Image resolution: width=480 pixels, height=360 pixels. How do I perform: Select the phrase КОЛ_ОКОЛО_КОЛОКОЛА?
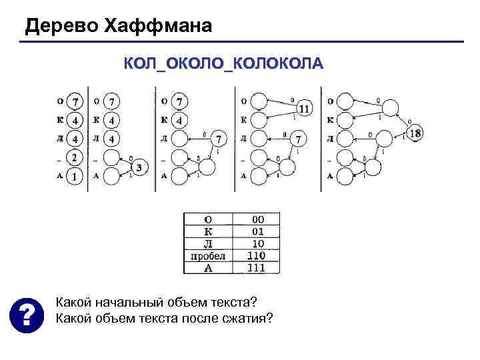click(223, 64)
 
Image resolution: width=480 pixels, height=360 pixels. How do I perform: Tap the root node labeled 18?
click(415, 133)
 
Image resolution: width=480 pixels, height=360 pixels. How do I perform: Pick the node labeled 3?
click(139, 167)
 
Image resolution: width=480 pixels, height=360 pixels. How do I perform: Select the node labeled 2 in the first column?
click(75, 159)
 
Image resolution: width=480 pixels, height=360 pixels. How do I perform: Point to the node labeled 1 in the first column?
click(75, 176)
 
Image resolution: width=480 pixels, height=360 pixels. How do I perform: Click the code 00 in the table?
click(258, 219)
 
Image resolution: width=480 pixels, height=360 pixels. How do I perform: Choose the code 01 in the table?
click(258, 231)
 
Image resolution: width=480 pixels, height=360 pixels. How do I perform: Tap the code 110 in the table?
click(256, 255)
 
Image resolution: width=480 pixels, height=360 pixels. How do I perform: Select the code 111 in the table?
click(256, 267)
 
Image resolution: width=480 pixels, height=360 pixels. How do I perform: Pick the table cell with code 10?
click(258, 243)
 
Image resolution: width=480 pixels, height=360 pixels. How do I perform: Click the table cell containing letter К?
click(207, 231)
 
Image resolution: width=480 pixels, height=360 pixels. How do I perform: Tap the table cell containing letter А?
click(207, 268)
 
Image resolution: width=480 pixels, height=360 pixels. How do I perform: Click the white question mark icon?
click(24, 314)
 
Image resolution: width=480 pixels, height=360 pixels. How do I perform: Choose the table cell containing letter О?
click(207, 219)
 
